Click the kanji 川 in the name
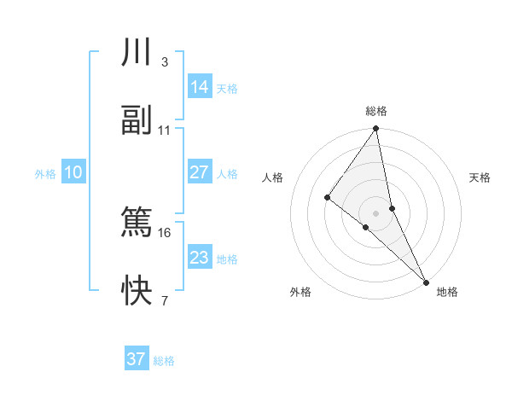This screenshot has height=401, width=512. [137, 53]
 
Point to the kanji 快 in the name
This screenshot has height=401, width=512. [137, 291]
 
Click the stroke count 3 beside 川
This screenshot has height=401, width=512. [165, 62]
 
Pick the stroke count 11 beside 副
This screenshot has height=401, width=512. [165, 131]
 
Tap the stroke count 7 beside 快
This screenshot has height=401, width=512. [165, 301]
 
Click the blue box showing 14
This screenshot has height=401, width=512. [199, 87]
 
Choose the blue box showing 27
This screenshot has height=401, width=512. [199, 172]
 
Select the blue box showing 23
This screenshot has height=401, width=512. [199, 258]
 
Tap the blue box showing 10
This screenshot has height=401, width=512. [73, 172]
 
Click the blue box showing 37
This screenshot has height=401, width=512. [137, 359]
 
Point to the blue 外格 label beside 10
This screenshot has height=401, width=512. [45, 174]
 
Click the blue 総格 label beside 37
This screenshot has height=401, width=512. [164, 361]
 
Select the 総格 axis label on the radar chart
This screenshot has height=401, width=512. [376, 111]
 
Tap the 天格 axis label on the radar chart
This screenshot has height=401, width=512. [480, 177]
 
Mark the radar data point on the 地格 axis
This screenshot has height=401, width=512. [426, 280]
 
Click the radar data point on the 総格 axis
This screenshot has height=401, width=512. [376, 130]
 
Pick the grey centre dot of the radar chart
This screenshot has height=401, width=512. [376, 212]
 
